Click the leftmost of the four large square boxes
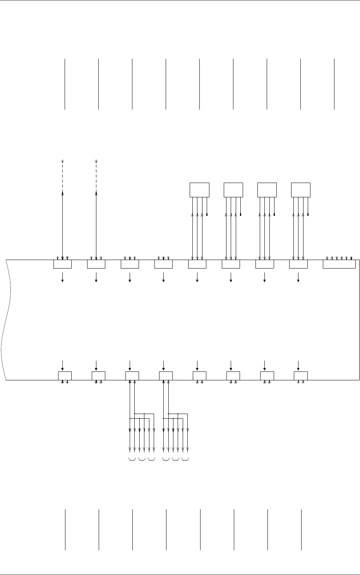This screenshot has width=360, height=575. click(199, 190)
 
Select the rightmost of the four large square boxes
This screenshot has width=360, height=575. click(301, 190)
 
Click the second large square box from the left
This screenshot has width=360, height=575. click(233, 190)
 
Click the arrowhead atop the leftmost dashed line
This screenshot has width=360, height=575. click(62, 161)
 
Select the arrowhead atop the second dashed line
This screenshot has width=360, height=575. click(96, 161)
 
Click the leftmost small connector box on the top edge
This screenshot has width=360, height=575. click(62, 264)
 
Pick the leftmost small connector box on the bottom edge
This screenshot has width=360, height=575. click(65, 376)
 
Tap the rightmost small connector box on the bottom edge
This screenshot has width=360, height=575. click(301, 376)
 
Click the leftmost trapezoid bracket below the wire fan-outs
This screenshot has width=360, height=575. click(132, 460)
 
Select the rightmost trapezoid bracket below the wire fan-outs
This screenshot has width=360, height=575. click(185, 460)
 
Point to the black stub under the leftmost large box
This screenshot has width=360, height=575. click(207, 214)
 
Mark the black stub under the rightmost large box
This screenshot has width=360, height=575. click(308, 214)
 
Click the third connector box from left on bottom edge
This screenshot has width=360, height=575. click(132, 376)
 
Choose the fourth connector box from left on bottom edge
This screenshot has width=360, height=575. click(166, 376)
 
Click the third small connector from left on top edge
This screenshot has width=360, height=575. click(130, 264)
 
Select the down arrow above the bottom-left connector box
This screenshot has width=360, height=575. click(62, 365)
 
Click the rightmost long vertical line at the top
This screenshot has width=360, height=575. click(334, 84)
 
